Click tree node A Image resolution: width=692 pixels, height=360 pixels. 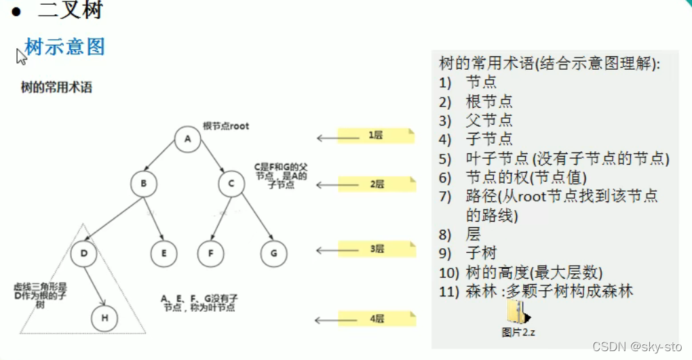(x=187, y=139)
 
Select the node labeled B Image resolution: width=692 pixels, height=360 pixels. (x=144, y=184)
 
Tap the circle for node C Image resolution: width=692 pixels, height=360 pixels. (x=231, y=184)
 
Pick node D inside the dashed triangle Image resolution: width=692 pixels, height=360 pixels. (x=83, y=253)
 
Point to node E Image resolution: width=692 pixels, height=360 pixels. (x=164, y=253)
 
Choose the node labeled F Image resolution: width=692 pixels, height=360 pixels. (x=211, y=253)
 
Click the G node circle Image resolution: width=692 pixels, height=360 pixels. (x=273, y=253)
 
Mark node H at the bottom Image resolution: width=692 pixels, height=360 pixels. (x=104, y=318)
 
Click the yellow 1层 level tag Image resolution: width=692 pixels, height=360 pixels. (x=376, y=136)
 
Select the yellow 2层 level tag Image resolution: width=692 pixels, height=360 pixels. (x=376, y=184)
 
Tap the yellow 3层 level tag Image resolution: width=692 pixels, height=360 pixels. (x=376, y=249)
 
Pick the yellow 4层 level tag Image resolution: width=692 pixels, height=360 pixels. (x=376, y=319)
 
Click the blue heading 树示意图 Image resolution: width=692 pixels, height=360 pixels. (x=65, y=47)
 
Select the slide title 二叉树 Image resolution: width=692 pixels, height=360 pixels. (x=71, y=11)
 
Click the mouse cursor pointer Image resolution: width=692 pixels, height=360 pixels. (x=21, y=56)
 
